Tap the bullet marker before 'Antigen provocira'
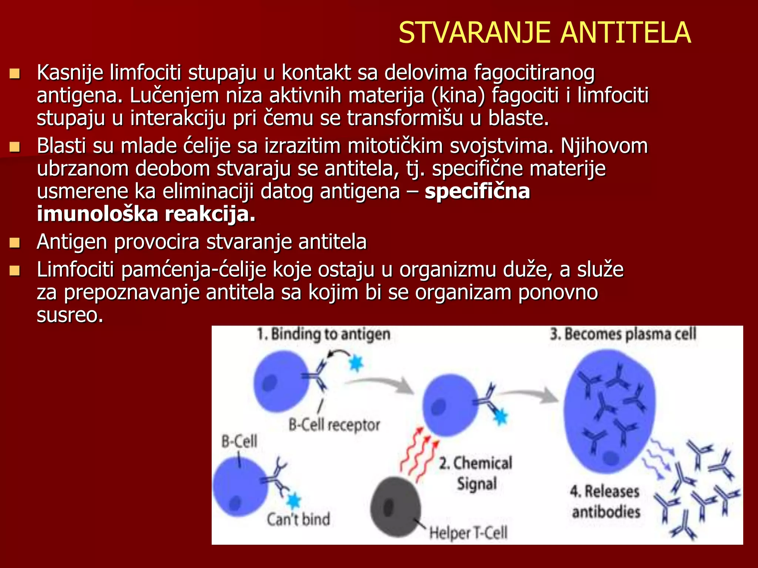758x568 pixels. click(14, 243)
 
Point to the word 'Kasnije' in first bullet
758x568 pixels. click(70, 73)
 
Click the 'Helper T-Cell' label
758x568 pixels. click(468, 533)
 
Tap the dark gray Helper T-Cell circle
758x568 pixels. click(395, 507)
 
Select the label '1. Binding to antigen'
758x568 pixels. click(324, 334)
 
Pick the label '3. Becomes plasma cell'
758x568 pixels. click(623, 334)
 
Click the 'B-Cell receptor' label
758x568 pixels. click(334, 425)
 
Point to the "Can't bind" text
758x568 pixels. click(298, 519)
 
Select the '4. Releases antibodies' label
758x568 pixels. click(606, 502)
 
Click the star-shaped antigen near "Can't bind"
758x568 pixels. click(294, 501)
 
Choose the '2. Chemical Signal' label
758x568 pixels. click(476, 473)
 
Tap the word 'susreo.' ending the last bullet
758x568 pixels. click(70, 315)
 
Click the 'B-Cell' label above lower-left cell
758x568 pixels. click(239, 441)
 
